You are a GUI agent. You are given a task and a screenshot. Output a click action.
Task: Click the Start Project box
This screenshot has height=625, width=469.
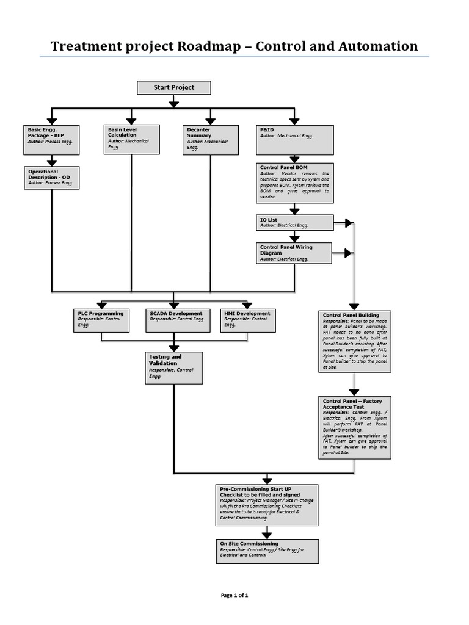click(x=173, y=88)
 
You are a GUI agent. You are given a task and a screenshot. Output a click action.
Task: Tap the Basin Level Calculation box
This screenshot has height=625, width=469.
click(x=131, y=139)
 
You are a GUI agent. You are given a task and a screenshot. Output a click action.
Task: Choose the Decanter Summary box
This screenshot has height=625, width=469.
click(x=210, y=139)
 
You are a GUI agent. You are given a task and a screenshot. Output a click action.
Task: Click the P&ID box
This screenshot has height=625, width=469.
click(x=295, y=139)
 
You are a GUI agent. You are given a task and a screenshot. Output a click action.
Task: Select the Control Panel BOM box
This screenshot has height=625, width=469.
click(x=295, y=182)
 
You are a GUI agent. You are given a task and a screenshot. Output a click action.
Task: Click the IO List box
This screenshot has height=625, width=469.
click(x=295, y=222)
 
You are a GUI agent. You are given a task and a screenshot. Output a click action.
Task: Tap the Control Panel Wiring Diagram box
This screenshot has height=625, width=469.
click(x=295, y=253)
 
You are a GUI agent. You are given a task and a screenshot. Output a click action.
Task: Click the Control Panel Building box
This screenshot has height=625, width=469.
click(x=355, y=341)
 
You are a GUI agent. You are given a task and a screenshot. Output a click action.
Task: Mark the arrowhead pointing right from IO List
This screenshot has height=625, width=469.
click(x=348, y=223)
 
